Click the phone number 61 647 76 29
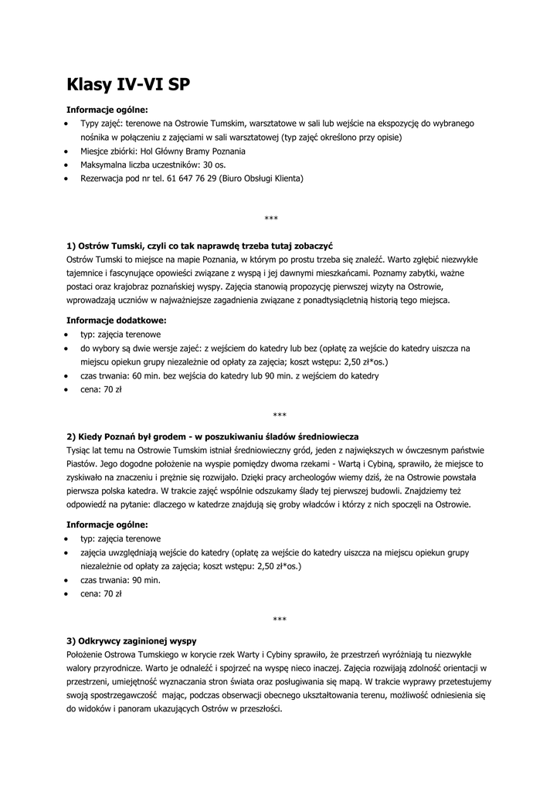tap(191, 178)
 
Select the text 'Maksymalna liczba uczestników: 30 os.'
tap(153, 165)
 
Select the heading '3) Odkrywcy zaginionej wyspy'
tap(131, 640)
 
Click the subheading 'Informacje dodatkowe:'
tap(117, 320)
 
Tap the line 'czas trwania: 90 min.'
tap(120, 580)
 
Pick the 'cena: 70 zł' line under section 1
tap(101, 389)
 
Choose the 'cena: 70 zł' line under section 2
tap(101, 594)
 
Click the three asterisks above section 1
tap(270, 219)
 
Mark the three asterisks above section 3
tap(280, 619)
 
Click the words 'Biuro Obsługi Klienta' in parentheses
tap(262, 178)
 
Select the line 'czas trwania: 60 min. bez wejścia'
tap(229, 375)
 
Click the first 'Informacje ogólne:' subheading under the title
tap(107, 109)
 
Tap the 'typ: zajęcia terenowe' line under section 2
tap(120, 538)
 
